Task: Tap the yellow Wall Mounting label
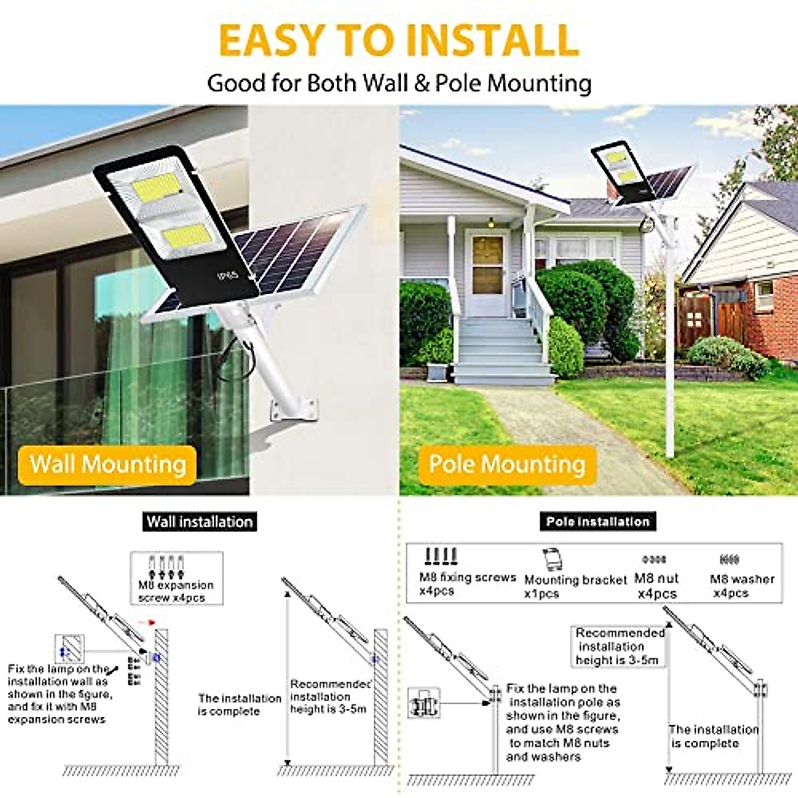(x=108, y=464)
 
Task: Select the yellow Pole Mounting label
(x=507, y=464)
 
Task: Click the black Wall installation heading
(x=199, y=521)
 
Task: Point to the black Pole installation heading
(x=598, y=521)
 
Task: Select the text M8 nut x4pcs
(x=656, y=586)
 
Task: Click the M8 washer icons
(x=729, y=560)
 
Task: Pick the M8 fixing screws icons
(x=440, y=556)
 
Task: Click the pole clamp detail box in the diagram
(x=425, y=702)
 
